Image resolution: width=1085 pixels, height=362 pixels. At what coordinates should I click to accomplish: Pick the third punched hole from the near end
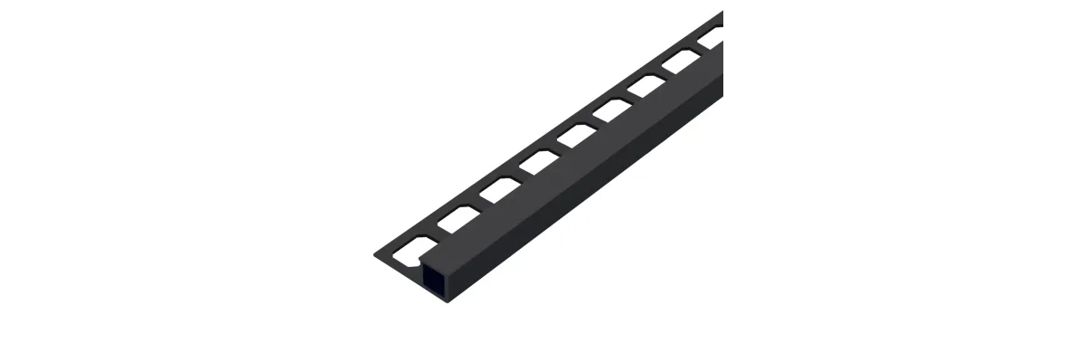(497, 190)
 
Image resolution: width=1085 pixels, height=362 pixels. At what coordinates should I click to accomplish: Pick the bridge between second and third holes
(477, 205)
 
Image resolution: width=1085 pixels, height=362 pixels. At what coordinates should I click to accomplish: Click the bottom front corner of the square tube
(463, 302)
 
